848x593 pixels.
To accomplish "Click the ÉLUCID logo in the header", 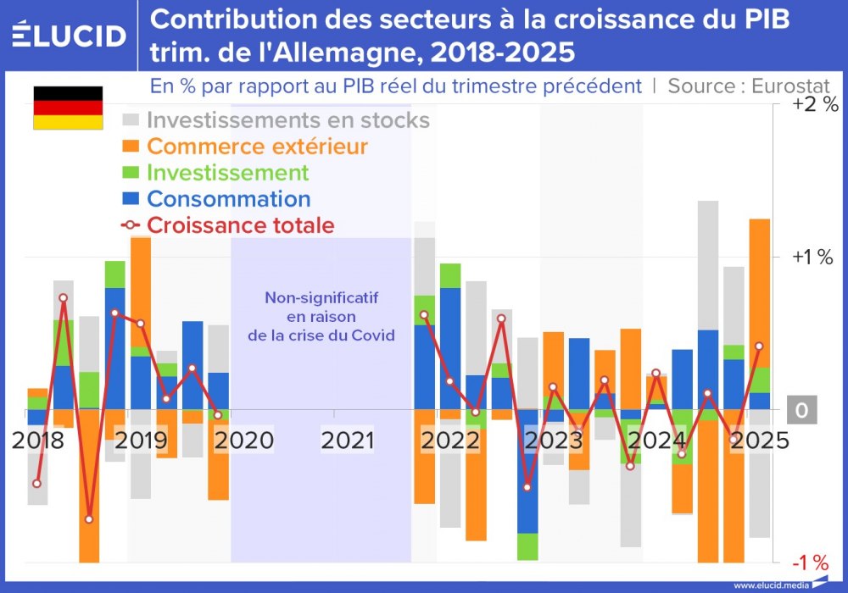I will pos(69,35).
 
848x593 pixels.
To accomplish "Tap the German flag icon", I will pos(68,108).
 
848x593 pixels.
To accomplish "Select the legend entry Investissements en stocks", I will pos(288,120).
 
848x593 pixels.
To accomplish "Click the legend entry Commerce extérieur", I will pos(257,147).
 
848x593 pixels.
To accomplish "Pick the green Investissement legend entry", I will pos(227,173).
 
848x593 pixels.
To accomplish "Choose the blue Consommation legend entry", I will pos(228,199).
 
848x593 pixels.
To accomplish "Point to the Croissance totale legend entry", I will pos(240,225).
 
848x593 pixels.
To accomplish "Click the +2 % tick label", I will pos(813,105).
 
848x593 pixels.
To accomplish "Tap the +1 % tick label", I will pos(813,258).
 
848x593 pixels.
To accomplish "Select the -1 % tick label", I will pos(810,563).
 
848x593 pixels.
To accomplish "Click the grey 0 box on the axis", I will pos(801,411).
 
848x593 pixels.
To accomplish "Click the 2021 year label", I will pos(347,441).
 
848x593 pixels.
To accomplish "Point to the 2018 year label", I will pos(38,441).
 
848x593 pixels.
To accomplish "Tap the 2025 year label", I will pos(762,441).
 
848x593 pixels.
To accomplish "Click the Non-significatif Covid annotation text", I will pos(321,316).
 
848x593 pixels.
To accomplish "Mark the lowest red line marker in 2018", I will pos(89,519).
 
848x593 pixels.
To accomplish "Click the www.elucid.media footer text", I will pos(771,585).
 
